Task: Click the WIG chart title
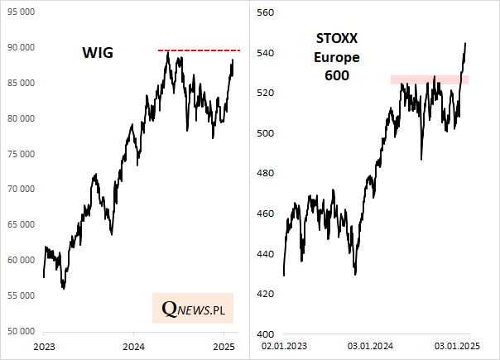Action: click(x=97, y=54)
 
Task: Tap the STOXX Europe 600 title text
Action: click(x=333, y=56)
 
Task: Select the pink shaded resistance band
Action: click(x=430, y=79)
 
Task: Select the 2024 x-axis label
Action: click(x=133, y=344)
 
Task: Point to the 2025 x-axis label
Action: click(x=224, y=344)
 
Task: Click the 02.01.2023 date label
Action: click(x=285, y=344)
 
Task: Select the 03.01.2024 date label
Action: click(x=370, y=344)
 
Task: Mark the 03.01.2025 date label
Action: click(x=458, y=344)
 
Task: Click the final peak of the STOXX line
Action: click(x=465, y=43)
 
